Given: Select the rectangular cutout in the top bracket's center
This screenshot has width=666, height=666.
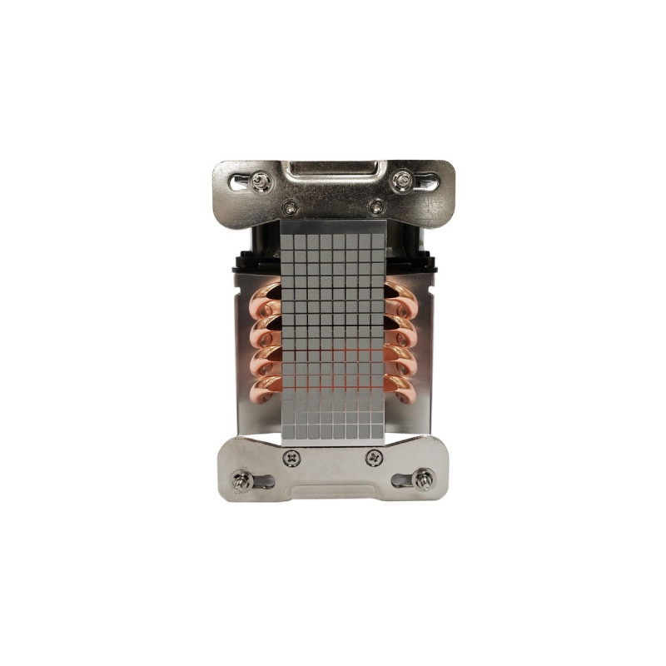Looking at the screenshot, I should point(333,172).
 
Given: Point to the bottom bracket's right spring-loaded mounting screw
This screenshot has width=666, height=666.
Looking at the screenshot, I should point(425,479).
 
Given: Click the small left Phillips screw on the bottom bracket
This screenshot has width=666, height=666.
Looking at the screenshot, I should point(292,457).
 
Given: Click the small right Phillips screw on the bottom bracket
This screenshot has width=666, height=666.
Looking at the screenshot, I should point(374,457).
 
